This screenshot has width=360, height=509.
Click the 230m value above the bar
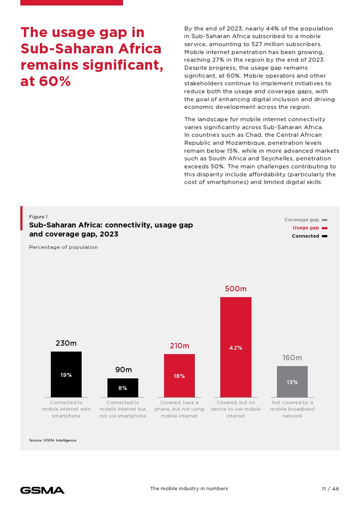click(x=66, y=343)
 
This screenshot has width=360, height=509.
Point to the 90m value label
click(x=123, y=370)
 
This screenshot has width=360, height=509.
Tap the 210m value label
click(x=179, y=346)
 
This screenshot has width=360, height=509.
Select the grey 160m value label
click(x=292, y=357)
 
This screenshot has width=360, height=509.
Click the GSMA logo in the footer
click(x=42, y=489)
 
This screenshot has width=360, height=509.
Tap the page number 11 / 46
click(x=327, y=488)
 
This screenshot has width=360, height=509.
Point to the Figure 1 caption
click(x=38, y=216)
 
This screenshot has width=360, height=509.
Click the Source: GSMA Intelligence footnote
click(x=52, y=440)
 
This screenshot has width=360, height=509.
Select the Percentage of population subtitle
click(x=63, y=247)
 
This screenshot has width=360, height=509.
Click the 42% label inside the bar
click(x=236, y=348)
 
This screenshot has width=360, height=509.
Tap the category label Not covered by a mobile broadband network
click(x=292, y=409)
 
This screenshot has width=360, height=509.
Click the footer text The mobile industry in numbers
click(x=189, y=488)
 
